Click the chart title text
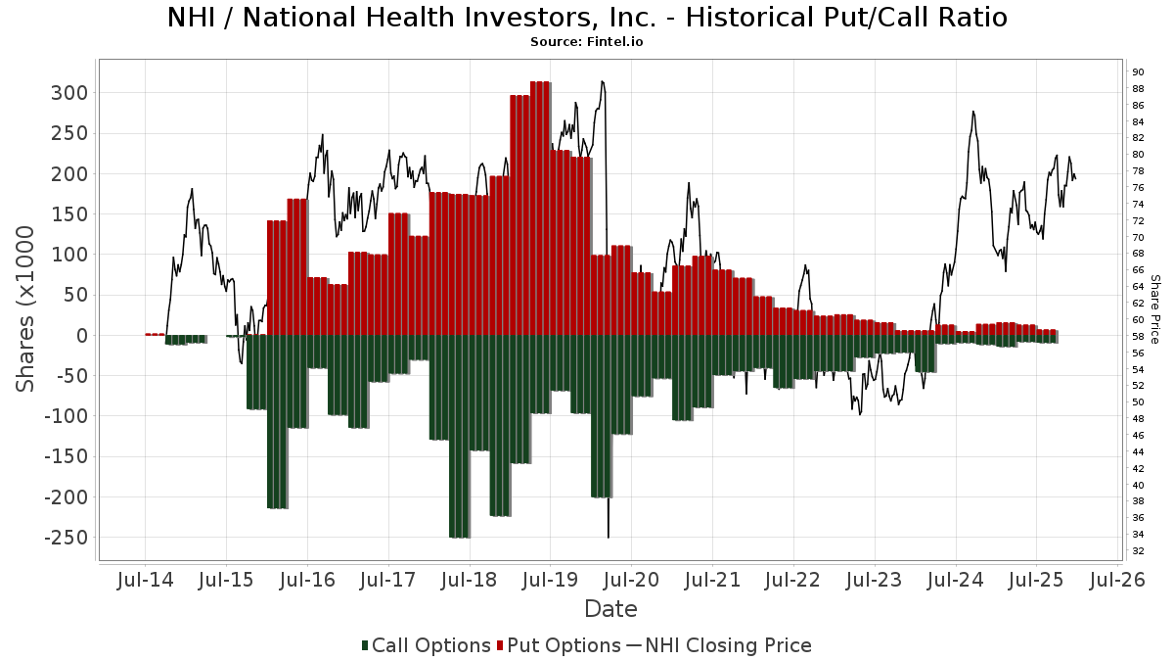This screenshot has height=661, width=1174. click(587, 18)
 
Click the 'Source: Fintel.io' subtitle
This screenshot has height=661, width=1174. click(586, 42)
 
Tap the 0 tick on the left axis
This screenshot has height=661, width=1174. click(83, 336)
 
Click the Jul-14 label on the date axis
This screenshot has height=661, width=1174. click(145, 580)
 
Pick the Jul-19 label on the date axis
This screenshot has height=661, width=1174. click(550, 580)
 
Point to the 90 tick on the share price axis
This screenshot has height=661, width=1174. click(1138, 71)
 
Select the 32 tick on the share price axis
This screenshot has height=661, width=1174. click(1138, 551)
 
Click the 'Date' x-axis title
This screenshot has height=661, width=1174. click(610, 609)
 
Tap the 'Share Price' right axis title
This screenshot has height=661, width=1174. click(1155, 308)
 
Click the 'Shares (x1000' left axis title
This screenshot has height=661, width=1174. click(26, 308)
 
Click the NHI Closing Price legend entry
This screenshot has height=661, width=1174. click(719, 645)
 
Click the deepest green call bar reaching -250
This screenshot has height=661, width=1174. click(459, 436)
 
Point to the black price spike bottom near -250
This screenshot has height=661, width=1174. click(609, 534)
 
